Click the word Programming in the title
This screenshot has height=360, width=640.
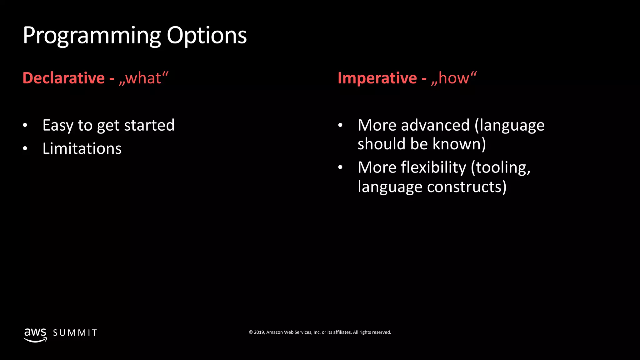click(92, 36)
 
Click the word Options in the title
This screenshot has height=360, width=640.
click(207, 36)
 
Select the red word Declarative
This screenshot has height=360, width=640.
click(63, 78)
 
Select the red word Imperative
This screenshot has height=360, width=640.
click(377, 78)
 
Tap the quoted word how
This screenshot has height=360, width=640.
click(454, 78)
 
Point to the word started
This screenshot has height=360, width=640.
click(149, 126)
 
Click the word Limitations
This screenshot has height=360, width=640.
click(82, 149)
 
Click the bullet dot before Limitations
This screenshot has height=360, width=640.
click(25, 149)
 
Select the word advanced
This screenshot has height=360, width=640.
click(435, 126)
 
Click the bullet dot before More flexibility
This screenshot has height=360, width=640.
click(340, 167)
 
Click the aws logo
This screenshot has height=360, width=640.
click(35, 335)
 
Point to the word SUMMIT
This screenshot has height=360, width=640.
click(75, 333)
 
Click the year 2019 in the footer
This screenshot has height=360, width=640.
click(259, 332)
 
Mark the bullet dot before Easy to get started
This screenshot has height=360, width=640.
click(25, 126)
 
